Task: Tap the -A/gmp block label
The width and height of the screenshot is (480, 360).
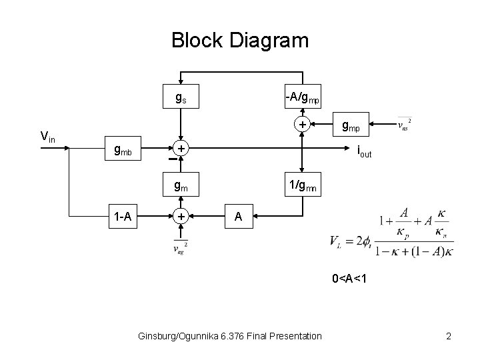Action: [x=302, y=98]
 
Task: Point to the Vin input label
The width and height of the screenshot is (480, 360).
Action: [x=47, y=137]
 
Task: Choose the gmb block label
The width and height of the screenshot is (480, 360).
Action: [x=122, y=151]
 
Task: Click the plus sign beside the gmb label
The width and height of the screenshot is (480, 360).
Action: [x=179, y=148]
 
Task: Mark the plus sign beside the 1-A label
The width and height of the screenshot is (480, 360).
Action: [x=179, y=216]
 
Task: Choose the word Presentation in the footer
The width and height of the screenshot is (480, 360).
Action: [x=289, y=336]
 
